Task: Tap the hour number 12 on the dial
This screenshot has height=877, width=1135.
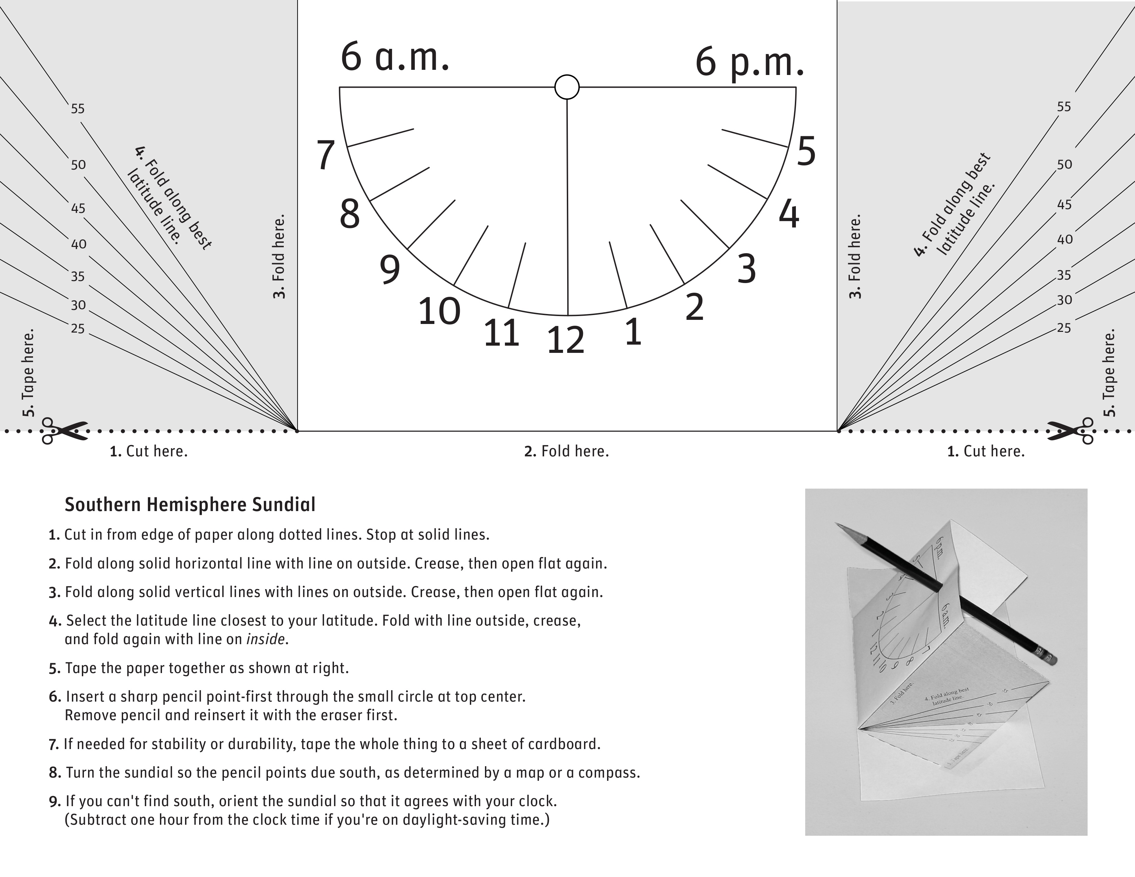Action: [565, 341]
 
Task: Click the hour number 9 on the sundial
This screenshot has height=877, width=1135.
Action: [390, 269]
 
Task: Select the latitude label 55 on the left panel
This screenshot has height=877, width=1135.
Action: [77, 109]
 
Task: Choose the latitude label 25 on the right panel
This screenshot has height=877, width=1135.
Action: [1064, 328]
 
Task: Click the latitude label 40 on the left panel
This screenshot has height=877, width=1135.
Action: [78, 244]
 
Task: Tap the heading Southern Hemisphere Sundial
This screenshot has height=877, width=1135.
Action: [190, 505]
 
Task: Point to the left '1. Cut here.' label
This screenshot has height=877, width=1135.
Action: [149, 451]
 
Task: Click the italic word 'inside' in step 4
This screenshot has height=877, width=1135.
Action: [266, 639]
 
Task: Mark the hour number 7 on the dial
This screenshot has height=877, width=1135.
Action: [326, 155]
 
